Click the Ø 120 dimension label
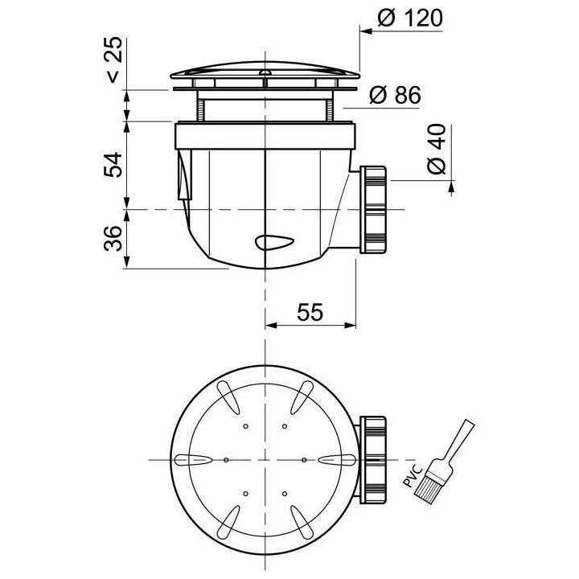click(409, 18)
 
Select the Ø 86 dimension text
click(395, 96)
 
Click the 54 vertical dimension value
click(113, 164)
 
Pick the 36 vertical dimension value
click(113, 238)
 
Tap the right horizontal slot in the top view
click(335, 459)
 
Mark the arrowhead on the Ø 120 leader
click(363, 32)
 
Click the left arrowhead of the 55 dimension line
click(271, 326)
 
